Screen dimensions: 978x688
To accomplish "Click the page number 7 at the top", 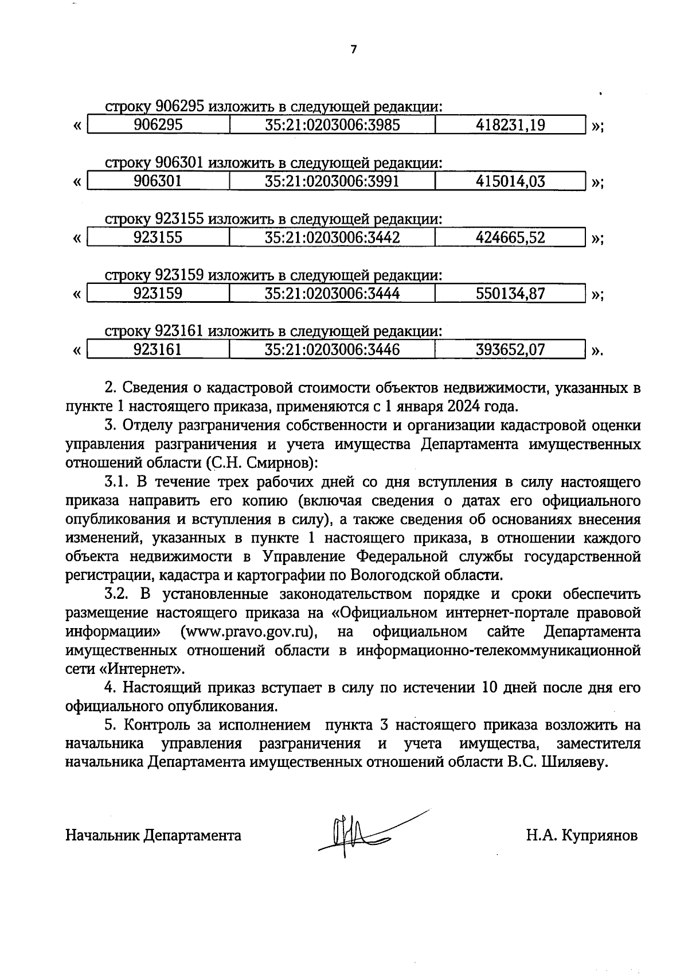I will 353,50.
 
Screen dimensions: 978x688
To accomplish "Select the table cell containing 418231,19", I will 510,125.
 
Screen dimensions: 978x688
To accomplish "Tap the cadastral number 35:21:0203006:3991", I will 332,181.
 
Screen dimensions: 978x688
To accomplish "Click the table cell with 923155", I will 158,237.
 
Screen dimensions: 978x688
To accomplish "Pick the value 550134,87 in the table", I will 510,294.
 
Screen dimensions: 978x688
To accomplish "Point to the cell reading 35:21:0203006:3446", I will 332,349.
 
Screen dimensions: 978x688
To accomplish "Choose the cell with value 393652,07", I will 510,349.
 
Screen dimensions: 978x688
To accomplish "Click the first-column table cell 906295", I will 158,125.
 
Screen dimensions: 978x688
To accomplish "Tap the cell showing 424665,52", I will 510,237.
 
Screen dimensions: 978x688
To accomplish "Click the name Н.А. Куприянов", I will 581,835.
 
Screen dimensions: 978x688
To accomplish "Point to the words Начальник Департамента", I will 153,835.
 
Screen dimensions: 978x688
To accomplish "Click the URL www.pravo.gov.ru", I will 249,632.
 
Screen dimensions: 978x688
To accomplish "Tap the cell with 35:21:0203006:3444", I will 332,294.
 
